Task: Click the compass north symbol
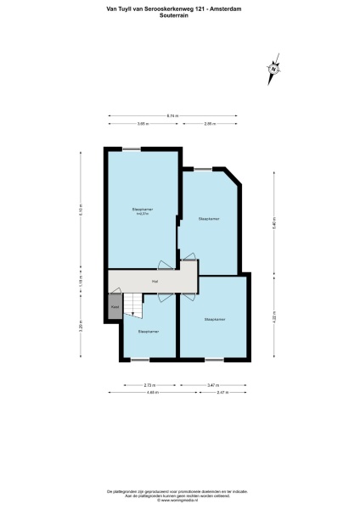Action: click(x=273, y=70)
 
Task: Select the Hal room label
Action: click(x=155, y=281)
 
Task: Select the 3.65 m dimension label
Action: click(x=142, y=124)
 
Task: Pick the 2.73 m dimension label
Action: click(x=142, y=386)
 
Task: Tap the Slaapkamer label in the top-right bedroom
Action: click(x=209, y=219)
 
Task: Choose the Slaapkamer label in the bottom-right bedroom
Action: click(x=214, y=320)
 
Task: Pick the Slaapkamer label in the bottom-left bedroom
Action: click(x=149, y=331)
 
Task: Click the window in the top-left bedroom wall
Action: click(x=132, y=149)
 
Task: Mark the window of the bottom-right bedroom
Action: click(x=213, y=360)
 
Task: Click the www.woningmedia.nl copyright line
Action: click(x=179, y=502)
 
